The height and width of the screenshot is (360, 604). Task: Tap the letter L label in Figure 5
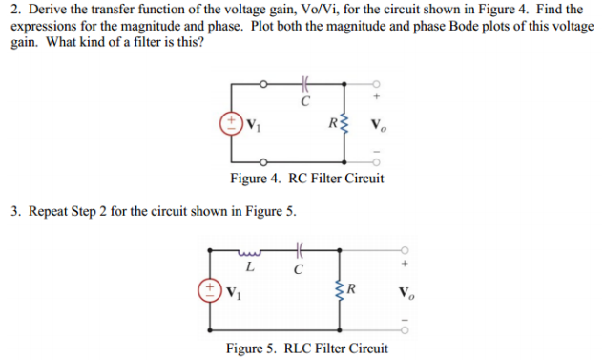pyautogui.click(x=250, y=267)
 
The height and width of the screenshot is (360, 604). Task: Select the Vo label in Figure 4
pyautogui.click(x=379, y=122)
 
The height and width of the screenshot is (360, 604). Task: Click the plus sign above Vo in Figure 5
pyautogui.click(x=406, y=262)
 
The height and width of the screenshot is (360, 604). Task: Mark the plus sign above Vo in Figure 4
pyautogui.click(x=378, y=96)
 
